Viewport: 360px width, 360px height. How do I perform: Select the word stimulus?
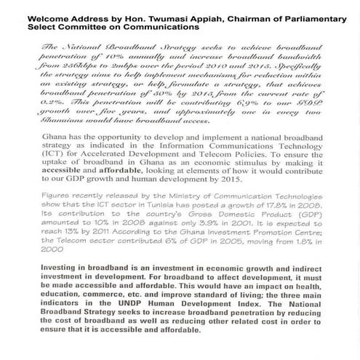tap(232, 194)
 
